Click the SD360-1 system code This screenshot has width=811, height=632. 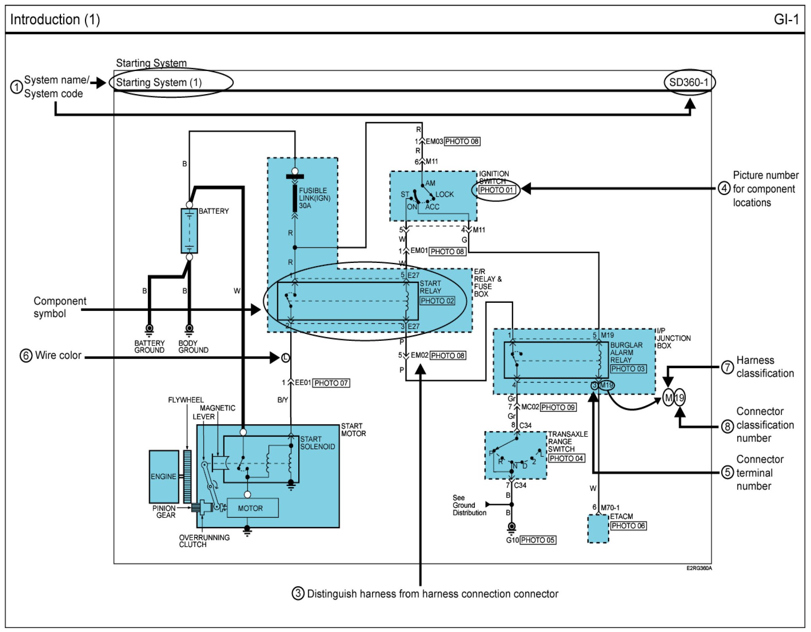[x=689, y=82]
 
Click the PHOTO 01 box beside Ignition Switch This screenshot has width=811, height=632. [x=496, y=190]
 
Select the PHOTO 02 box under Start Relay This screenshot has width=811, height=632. [x=437, y=301]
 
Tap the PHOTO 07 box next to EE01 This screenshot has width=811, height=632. [x=331, y=383]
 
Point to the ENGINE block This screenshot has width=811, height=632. [x=163, y=476]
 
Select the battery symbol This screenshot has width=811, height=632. [x=189, y=231]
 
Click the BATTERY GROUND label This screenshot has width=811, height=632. [x=149, y=346]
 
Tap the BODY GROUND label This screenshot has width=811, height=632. [x=193, y=346]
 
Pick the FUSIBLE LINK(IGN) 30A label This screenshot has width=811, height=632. [x=314, y=198]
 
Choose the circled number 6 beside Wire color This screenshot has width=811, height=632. [x=26, y=355]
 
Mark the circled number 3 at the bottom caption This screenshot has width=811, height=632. [x=298, y=593]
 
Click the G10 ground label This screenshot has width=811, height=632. [x=512, y=540]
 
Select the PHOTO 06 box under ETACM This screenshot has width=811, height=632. [x=628, y=526]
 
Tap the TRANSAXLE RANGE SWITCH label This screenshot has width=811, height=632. [x=567, y=441]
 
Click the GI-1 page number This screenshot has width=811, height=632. [x=786, y=19]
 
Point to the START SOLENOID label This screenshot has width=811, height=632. [x=317, y=443]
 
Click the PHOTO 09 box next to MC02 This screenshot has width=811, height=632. [x=558, y=407]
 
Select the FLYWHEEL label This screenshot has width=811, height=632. [x=186, y=400]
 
